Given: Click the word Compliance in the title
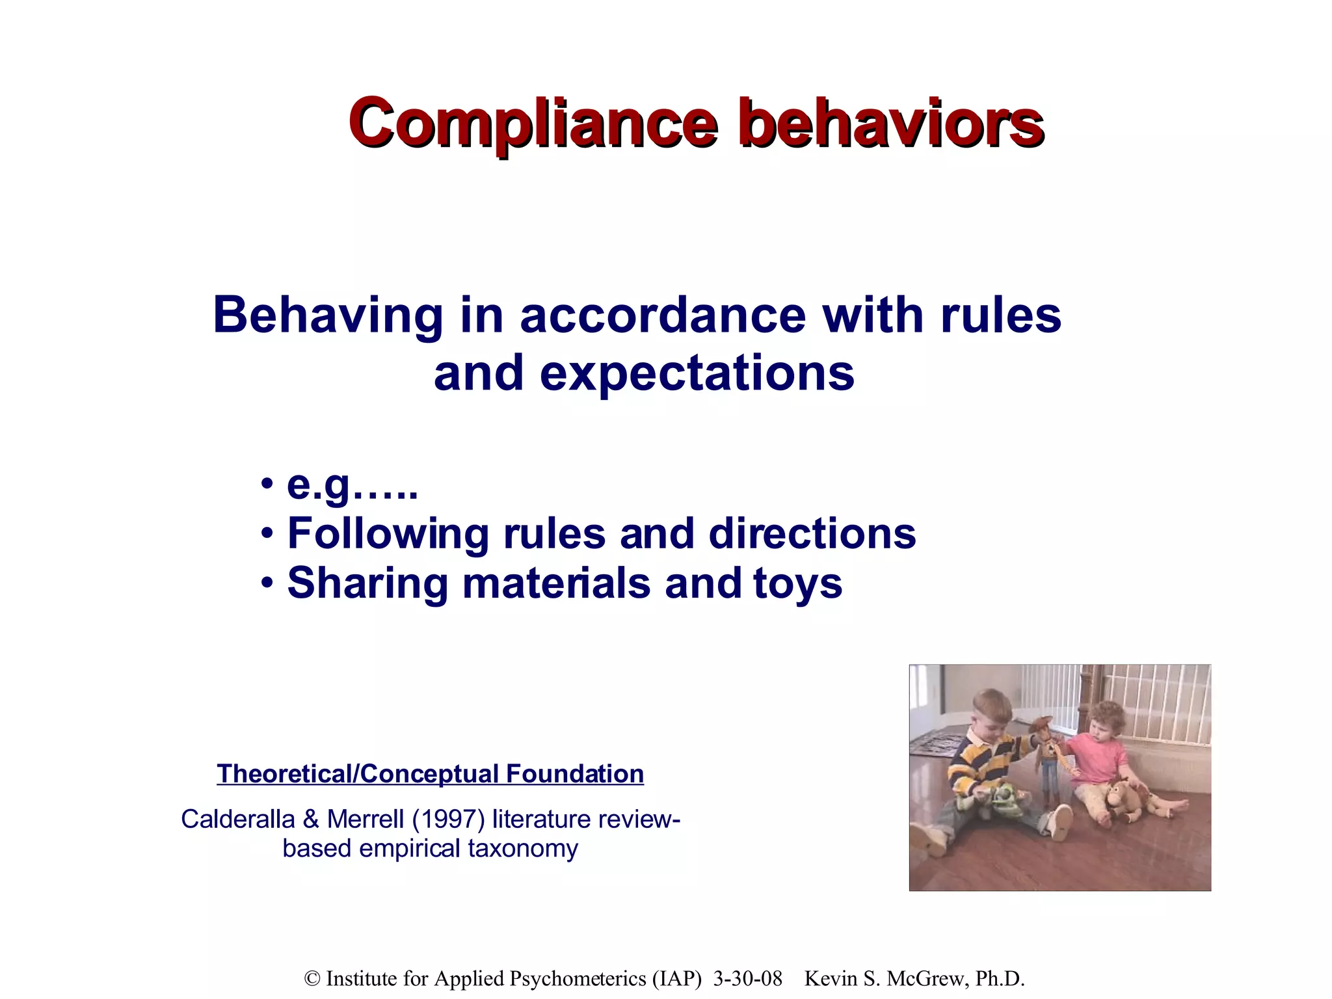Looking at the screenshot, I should pos(533,124).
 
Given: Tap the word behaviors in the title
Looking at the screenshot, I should pos(891,124).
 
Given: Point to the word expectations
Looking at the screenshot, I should pos(697,374).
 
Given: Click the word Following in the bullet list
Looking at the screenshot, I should pos(388,534).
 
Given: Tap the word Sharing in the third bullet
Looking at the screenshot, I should pos(367,583).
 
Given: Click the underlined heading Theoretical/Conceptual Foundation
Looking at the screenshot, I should pos(430,774).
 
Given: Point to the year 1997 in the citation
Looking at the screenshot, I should pos(449,819).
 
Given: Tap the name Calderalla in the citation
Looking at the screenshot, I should pos(237,819).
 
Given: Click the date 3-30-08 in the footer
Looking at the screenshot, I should pos(747,979).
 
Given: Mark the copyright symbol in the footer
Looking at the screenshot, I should pos(313,979).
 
